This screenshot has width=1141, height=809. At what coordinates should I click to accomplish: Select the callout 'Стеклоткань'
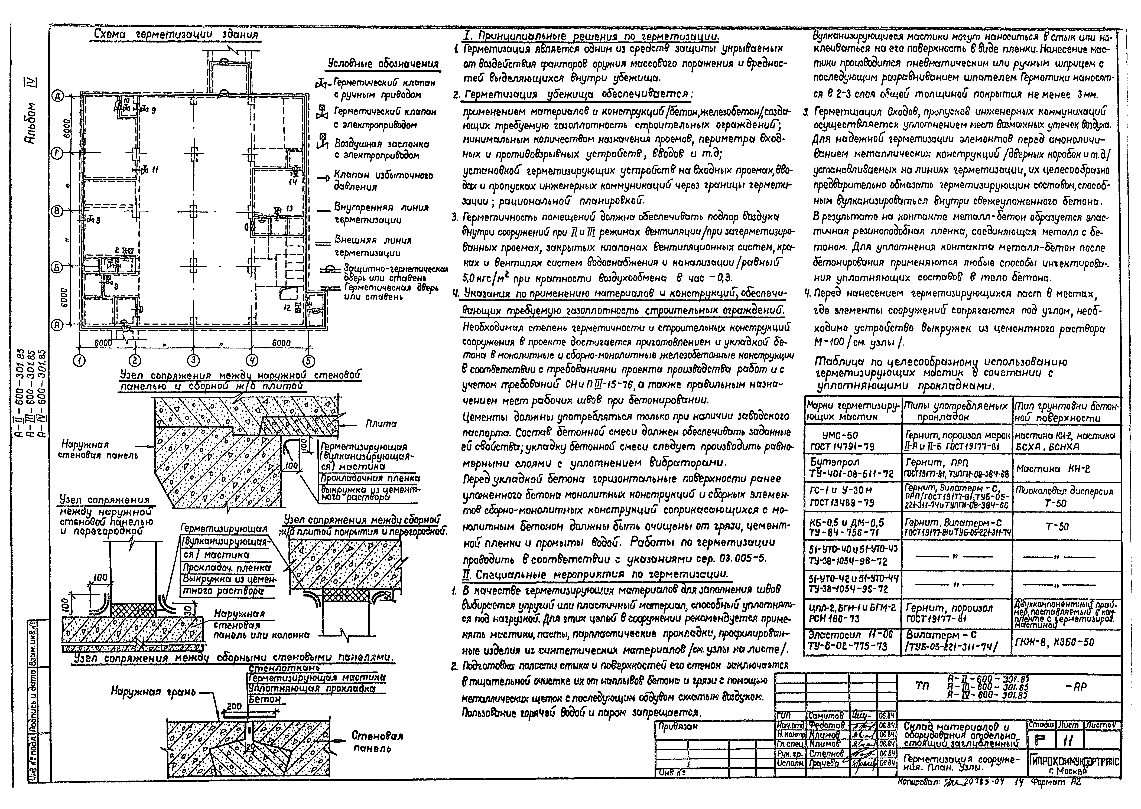[284, 668]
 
